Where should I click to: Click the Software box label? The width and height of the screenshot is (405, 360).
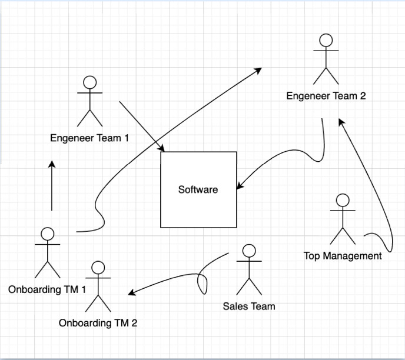[x=198, y=189]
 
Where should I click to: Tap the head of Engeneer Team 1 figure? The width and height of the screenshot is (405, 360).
[x=89, y=82]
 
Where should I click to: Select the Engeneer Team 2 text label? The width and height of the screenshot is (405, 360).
[x=326, y=96]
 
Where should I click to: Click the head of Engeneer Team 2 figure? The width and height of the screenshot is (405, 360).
[x=326, y=41]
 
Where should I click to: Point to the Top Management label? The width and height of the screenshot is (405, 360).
[x=343, y=256]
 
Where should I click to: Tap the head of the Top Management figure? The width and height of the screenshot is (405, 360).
[x=342, y=200]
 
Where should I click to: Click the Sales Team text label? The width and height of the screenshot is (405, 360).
[x=248, y=306]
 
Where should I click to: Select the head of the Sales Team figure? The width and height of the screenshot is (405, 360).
[x=248, y=251]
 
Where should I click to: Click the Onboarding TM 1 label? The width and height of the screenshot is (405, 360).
[x=47, y=289]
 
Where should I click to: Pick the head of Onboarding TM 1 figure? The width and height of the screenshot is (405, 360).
[x=48, y=234]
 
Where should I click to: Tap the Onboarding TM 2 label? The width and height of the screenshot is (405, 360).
[x=98, y=323]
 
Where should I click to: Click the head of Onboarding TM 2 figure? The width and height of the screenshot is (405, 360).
[x=98, y=268]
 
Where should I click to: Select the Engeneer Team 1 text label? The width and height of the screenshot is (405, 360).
[x=89, y=138]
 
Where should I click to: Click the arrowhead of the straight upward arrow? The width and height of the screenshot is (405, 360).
[x=52, y=163]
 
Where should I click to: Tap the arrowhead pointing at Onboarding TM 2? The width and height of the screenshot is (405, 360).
[x=132, y=293]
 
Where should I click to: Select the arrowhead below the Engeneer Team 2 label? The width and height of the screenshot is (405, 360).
[x=340, y=121]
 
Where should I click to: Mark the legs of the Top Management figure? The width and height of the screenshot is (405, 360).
[x=342, y=235]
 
